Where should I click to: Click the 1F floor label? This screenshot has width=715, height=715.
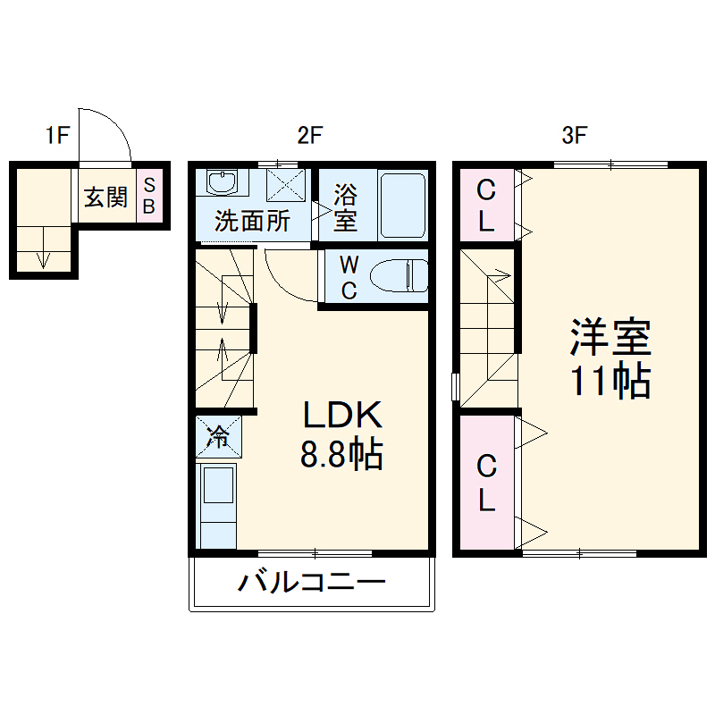(x=58, y=136)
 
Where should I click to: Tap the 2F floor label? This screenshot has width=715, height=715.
(x=309, y=136)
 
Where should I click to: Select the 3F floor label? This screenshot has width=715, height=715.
(x=574, y=136)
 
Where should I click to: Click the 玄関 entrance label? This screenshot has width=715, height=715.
(x=105, y=198)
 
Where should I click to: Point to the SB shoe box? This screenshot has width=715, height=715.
(x=149, y=197)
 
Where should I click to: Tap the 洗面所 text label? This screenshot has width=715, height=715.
(x=253, y=221)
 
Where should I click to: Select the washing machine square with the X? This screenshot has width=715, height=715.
(x=287, y=185)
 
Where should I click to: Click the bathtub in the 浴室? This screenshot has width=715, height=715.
(x=401, y=206)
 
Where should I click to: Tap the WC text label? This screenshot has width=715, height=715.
(x=349, y=277)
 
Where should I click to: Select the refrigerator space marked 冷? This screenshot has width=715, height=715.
(x=217, y=437)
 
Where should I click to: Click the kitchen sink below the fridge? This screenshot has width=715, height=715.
(x=217, y=487)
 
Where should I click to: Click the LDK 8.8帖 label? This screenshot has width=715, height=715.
(x=342, y=435)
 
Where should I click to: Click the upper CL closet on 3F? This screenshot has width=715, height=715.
(x=485, y=205)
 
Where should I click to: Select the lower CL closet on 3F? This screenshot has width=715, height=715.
(x=485, y=483)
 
